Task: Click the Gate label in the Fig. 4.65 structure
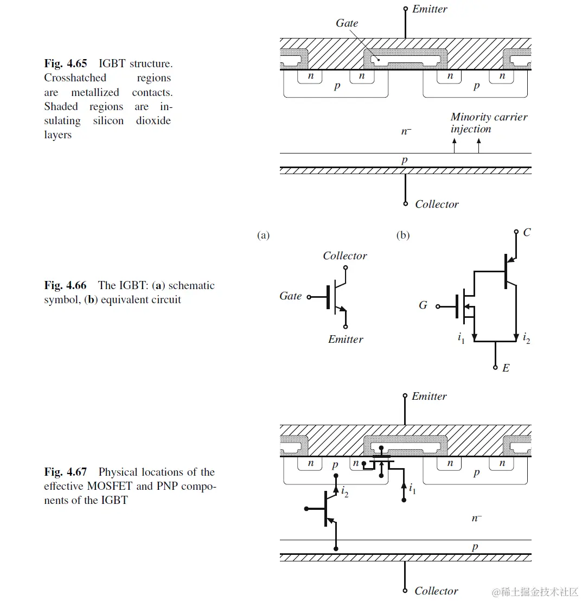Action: point(347,23)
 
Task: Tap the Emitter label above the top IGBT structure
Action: point(430,9)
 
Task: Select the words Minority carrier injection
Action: point(488,123)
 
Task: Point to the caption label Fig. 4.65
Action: point(65,63)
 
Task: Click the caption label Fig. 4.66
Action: point(65,285)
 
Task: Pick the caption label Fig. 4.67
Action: point(65,472)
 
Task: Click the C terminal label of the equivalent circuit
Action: point(527,233)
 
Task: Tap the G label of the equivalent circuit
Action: point(423,305)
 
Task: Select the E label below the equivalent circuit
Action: point(506,368)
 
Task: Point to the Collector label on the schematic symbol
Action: point(345,255)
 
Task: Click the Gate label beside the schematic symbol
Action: point(291,296)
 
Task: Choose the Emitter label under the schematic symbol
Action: point(346,340)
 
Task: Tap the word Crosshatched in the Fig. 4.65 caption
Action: point(75,78)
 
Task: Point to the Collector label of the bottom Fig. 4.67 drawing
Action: point(436,591)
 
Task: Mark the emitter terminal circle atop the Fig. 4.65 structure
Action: point(405,9)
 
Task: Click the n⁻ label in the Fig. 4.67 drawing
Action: point(476,518)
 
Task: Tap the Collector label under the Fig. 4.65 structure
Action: point(437,204)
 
